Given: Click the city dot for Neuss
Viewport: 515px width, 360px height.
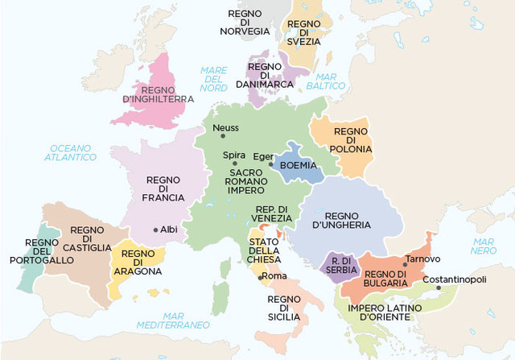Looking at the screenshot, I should [x=212, y=128].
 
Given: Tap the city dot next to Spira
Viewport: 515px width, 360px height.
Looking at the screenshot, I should [x=235, y=163].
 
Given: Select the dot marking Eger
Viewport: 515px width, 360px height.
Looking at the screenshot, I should [x=270, y=163].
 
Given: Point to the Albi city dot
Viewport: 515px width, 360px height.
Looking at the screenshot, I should [x=155, y=230].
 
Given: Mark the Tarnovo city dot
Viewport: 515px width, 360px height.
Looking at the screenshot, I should [x=403, y=263].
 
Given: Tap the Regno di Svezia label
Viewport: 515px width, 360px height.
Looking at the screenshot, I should [x=303, y=31].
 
